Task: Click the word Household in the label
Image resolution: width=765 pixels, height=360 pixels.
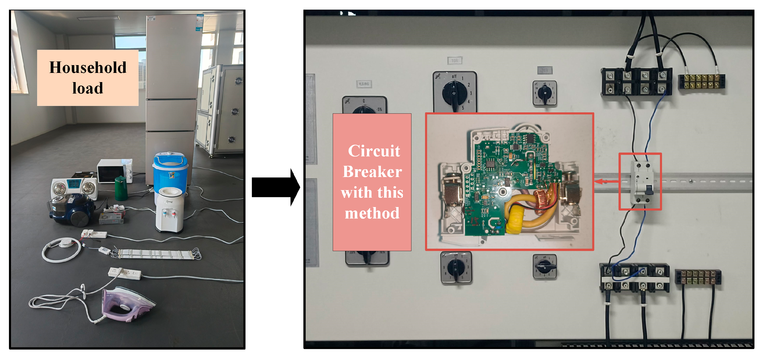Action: point(88,67)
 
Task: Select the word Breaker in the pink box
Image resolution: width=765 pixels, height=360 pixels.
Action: point(372,172)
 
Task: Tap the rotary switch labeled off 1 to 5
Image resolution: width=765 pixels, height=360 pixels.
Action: point(454,92)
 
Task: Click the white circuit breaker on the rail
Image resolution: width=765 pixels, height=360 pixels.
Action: point(641,183)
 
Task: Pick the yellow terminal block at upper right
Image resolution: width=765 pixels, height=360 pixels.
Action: point(701,81)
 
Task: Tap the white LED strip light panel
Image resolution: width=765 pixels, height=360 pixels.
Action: point(156,254)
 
